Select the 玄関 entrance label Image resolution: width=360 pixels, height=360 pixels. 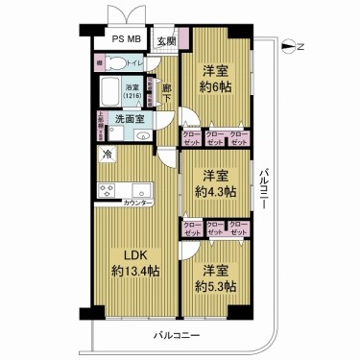(165, 40)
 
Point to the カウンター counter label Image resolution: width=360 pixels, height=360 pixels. (139, 204)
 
